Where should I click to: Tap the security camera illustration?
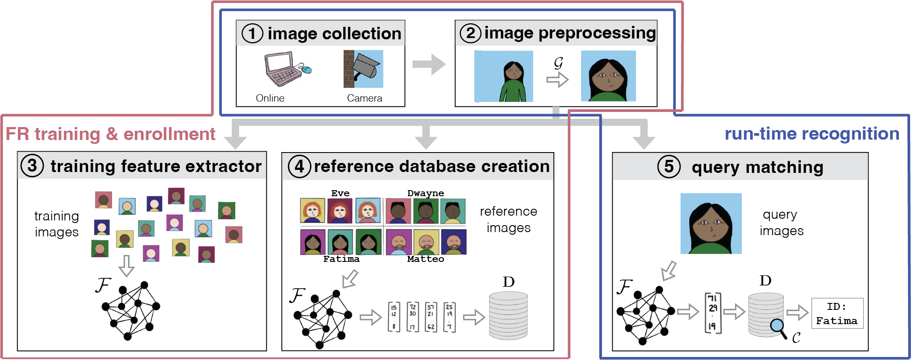point(364,69)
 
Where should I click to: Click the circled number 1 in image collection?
point(252,33)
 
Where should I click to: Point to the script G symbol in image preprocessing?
point(558,63)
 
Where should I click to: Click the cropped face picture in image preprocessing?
point(608,76)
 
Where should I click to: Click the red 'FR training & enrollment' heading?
point(110,134)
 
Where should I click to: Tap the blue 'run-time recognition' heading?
point(812,134)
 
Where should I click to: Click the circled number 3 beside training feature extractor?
point(32,166)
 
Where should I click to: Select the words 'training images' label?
point(57,224)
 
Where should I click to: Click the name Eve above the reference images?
point(340,193)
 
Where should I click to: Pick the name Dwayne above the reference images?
point(425,193)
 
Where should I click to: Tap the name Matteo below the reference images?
point(425,259)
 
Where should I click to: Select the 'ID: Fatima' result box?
point(837,313)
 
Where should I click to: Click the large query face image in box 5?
point(711,223)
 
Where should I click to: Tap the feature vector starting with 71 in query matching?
point(712,312)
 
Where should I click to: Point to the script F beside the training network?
point(103,285)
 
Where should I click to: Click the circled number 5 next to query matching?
point(668,166)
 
